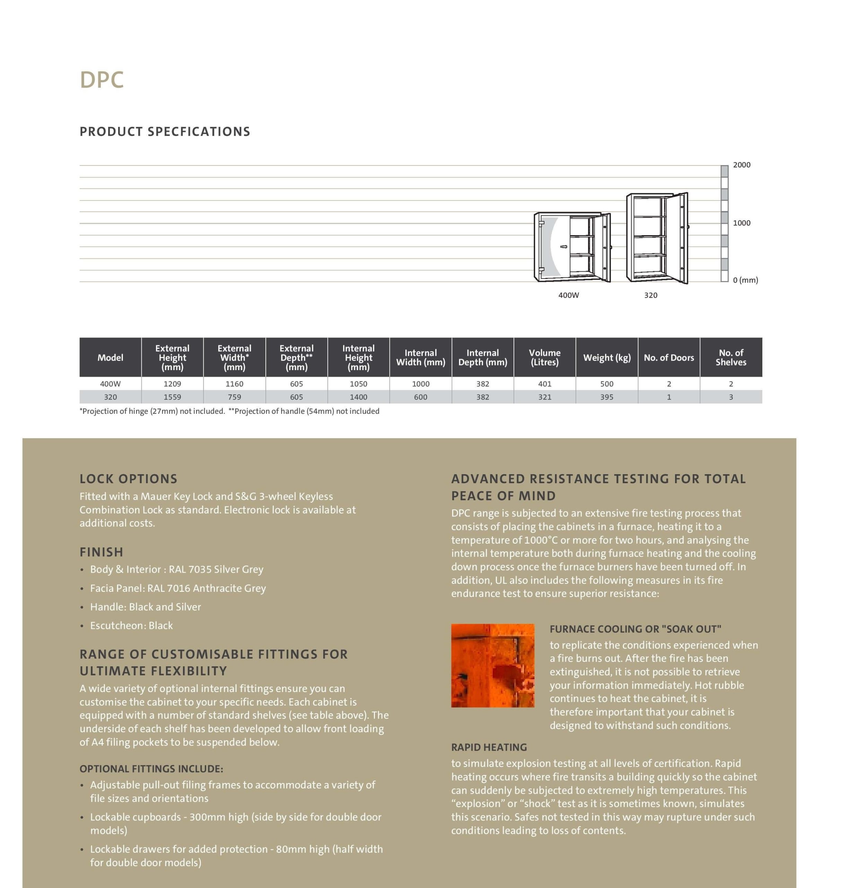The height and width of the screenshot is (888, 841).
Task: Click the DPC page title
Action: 102,80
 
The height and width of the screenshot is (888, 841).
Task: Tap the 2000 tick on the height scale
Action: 742,165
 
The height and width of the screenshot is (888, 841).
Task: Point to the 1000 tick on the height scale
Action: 742,223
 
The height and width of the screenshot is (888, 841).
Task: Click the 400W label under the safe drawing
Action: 568,295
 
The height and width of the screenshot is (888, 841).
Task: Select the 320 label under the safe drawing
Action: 650,295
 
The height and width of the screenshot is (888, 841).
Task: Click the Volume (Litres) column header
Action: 545,358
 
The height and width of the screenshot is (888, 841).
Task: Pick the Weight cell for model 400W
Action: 606,384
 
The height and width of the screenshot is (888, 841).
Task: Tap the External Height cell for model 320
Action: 172,397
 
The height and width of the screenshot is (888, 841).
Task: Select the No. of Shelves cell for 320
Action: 731,397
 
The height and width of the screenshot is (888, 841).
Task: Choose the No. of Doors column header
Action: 669,358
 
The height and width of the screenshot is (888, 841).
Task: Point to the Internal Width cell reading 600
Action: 421,397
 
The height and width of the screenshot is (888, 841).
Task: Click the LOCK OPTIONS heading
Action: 129,479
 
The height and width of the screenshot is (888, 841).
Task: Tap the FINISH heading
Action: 101,552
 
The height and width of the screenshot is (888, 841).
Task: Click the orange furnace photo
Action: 493,665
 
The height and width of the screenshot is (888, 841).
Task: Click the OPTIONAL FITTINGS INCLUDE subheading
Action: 151,769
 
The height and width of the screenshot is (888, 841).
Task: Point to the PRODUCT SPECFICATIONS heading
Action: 165,131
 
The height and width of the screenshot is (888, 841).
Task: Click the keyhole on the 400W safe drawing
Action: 564,247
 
